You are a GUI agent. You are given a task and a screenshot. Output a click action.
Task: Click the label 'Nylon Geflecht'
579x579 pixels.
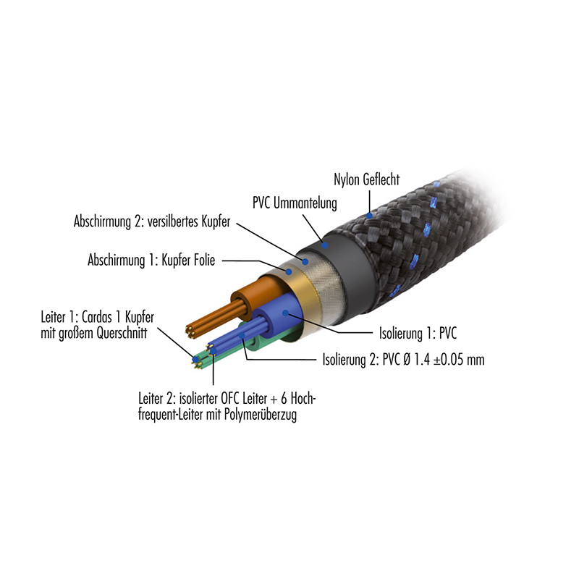coord(366,179)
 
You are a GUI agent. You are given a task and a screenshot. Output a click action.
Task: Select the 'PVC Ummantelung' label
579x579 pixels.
coord(295,203)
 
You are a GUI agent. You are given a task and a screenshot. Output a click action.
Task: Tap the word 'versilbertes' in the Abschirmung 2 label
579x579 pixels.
coord(173,221)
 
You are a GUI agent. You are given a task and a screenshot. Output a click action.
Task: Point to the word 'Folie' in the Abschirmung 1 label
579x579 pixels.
coord(203,260)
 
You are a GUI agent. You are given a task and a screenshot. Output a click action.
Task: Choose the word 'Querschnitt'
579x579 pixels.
coord(122,333)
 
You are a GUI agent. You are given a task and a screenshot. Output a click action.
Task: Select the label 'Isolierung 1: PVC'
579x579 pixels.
coord(418,333)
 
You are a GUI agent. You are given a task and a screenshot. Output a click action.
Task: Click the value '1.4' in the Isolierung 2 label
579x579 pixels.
coord(421,359)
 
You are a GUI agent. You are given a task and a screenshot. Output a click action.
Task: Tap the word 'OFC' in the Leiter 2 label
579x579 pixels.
coord(230,399)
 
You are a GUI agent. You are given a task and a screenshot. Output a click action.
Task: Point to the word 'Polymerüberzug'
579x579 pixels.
coord(265,415)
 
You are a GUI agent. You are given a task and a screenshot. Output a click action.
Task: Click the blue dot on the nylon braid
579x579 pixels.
coord(369,215)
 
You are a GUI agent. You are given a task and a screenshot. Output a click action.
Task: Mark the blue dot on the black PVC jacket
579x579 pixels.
coord(324,245)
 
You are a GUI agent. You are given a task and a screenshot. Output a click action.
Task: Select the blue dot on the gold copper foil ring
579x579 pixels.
coord(289,272)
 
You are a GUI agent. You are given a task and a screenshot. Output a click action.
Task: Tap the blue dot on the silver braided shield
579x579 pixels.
coord(305,262)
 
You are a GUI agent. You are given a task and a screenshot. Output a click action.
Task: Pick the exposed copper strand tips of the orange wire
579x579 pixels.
coord(190,331)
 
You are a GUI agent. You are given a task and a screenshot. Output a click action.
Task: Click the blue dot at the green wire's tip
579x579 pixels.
coord(195,358)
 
